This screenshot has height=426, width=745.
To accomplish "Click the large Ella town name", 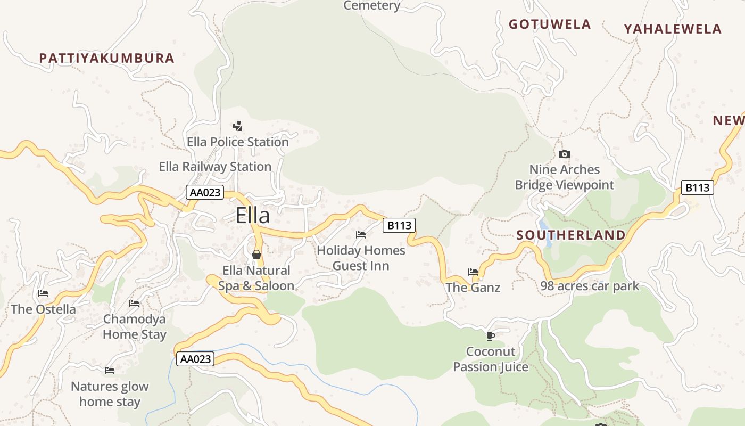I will pos(253,216).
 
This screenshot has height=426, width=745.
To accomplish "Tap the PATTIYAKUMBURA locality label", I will pos(107,58).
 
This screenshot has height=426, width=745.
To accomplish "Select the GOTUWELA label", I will pos(550,24).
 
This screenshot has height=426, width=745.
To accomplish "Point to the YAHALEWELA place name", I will pos(673,29).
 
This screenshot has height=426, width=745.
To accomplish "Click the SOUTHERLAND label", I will pos(571,235).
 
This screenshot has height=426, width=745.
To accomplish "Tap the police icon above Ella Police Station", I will pos(238,126).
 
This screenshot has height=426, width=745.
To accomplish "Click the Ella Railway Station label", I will pos(215,167).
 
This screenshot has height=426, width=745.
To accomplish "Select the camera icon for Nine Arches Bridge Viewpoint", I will pos(564,154).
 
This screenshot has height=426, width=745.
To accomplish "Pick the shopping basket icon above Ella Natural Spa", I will pos(256,255).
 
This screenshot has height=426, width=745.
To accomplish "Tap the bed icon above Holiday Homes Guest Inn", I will pos(361,235).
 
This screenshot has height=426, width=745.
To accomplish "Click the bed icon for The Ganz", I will pos(473,272).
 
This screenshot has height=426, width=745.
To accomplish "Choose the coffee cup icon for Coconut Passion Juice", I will pos(491,336).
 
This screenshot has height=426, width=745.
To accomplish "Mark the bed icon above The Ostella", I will pos(43,293).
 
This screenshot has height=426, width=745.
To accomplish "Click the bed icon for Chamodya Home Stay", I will pos(134,304).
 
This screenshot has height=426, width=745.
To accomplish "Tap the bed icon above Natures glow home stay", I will pos(110,371).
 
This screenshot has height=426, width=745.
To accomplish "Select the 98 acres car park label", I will pos(590,286).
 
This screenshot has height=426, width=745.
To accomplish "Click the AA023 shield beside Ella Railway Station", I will pos(205,192).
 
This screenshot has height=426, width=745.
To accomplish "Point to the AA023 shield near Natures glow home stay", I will pos(195,359).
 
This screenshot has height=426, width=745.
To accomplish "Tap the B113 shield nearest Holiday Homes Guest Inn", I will pos(399,225).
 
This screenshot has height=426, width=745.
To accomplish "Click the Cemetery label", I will pos(372,6).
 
